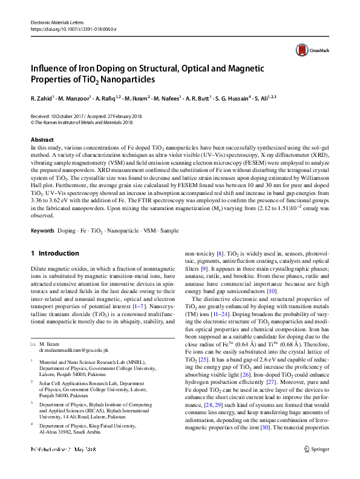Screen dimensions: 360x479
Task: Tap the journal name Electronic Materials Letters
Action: tap(57, 22)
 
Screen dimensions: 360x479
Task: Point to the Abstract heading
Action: tap(42, 140)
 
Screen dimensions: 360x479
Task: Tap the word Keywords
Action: tap(42, 231)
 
